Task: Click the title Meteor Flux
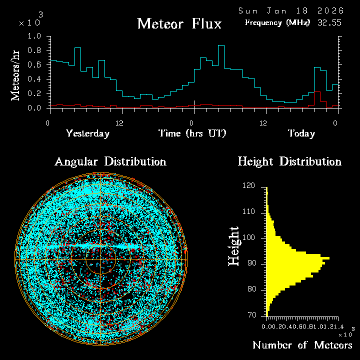coord(179,23)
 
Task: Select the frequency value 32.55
coord(328,22)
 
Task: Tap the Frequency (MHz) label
coord(277,22)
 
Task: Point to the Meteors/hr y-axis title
coord(16,75)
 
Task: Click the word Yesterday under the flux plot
coord(87,133)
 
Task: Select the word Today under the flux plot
coord(301,133)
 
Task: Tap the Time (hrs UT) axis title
coord(192,133)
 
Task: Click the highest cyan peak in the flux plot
coord(221,45)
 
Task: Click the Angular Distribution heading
coord(110,162)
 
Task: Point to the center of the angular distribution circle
coord(101,260)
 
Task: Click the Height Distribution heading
coord(289,162)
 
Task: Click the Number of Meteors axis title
coord(302,345)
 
